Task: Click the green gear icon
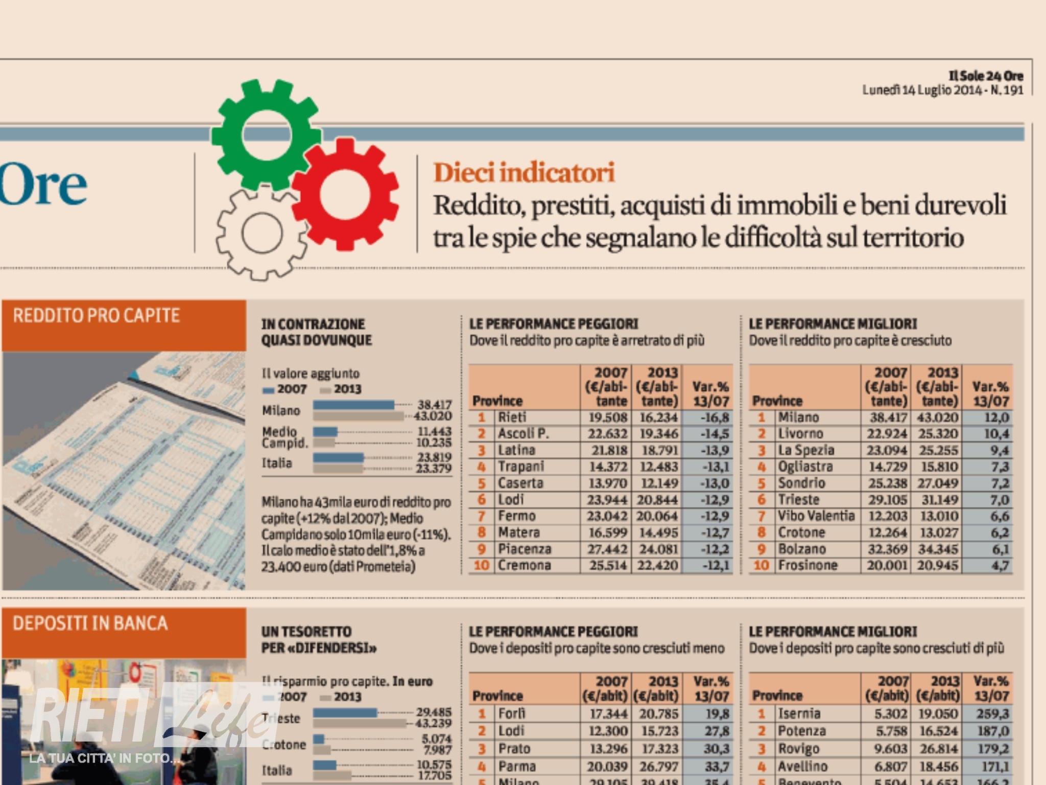coord(266,134)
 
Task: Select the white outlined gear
coord(261,233)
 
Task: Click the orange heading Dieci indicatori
coord(524,173)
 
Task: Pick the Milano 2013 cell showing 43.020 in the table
coord(938,418)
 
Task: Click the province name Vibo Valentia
coord(816,516)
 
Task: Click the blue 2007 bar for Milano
coord(353,405)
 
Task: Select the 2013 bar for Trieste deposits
coord(360,723)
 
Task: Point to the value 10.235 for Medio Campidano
coord(434,443)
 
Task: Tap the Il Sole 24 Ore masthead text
coord(986,76)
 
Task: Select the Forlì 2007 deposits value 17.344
coord(608,713)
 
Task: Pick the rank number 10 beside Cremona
coord(481,565)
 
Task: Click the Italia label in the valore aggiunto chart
coord(277,463)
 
